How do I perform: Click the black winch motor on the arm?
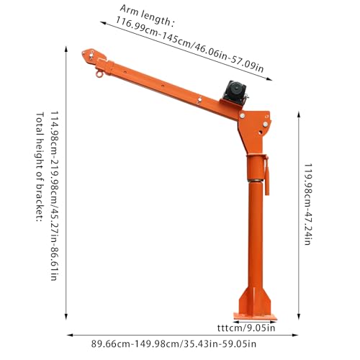[235, 93]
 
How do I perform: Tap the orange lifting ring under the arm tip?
[99, 74]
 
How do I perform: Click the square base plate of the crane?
[255, 316]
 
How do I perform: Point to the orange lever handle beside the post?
[266, 175]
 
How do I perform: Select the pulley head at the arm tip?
[94, 57]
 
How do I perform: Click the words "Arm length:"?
[146, 16]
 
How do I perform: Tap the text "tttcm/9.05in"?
[246, 328]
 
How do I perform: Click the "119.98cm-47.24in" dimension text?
[308, 204]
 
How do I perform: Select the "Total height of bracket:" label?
[40, 167]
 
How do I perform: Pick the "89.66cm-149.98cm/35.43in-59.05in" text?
[174, 344]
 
